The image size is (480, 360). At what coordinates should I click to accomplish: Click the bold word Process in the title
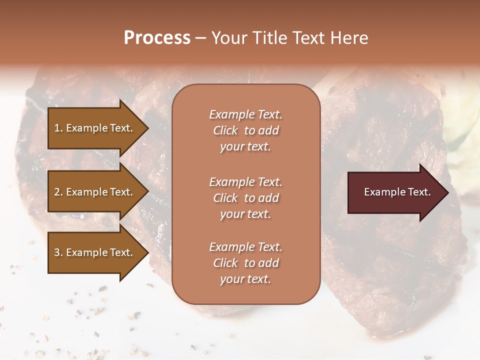click(x=157, y=38)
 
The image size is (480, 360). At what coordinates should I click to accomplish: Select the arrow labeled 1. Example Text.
click(x=95, y=128)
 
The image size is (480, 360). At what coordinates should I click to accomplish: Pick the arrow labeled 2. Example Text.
click(x=95, y=192)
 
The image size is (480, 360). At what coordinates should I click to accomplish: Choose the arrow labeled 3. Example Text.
click(x=95, y=252)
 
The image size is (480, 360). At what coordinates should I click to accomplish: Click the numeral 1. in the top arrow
click(x=58, y=128)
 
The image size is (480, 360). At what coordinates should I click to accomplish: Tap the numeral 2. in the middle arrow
click(x=58, y=192)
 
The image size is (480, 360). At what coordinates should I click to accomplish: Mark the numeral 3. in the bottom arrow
click(x=58, y=252)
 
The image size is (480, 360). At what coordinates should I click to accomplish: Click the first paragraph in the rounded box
click(x=245, y=130)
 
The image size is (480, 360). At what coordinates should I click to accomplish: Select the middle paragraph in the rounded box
click(x=245, y=197)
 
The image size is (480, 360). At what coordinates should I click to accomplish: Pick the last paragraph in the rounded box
click(x=245, y=263)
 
